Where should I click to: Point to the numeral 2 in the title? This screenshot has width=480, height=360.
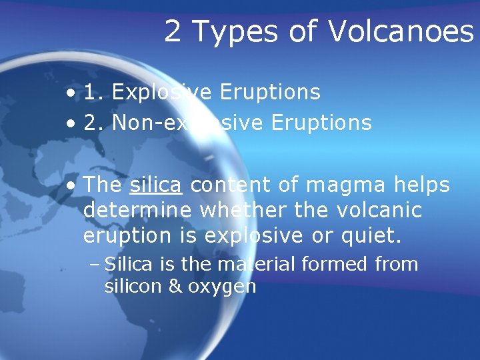[x=172, y=31]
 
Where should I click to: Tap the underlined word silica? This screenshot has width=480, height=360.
[x=155, y=185]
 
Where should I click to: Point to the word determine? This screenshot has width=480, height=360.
[x=137, y=211]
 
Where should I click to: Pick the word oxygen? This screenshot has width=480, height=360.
[x=222, y=288]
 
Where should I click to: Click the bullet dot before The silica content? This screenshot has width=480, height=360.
[x=70, y=185]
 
